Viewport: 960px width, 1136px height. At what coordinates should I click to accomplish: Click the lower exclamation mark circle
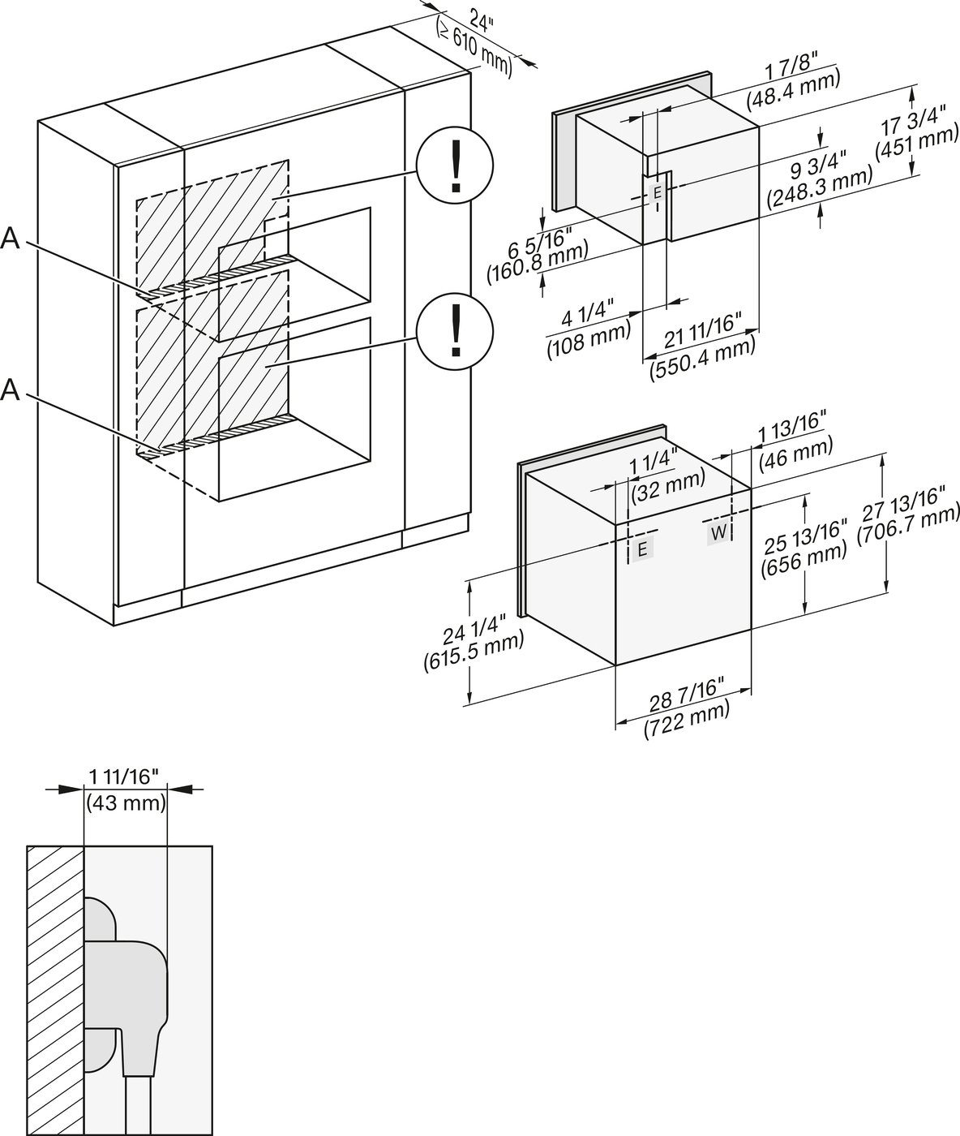(454, 329)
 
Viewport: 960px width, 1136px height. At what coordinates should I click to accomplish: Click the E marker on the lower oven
(641, 549)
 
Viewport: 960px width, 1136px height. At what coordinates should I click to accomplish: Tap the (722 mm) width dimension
(686, 719)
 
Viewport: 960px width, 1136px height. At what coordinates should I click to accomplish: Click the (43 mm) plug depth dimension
(126, 803)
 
